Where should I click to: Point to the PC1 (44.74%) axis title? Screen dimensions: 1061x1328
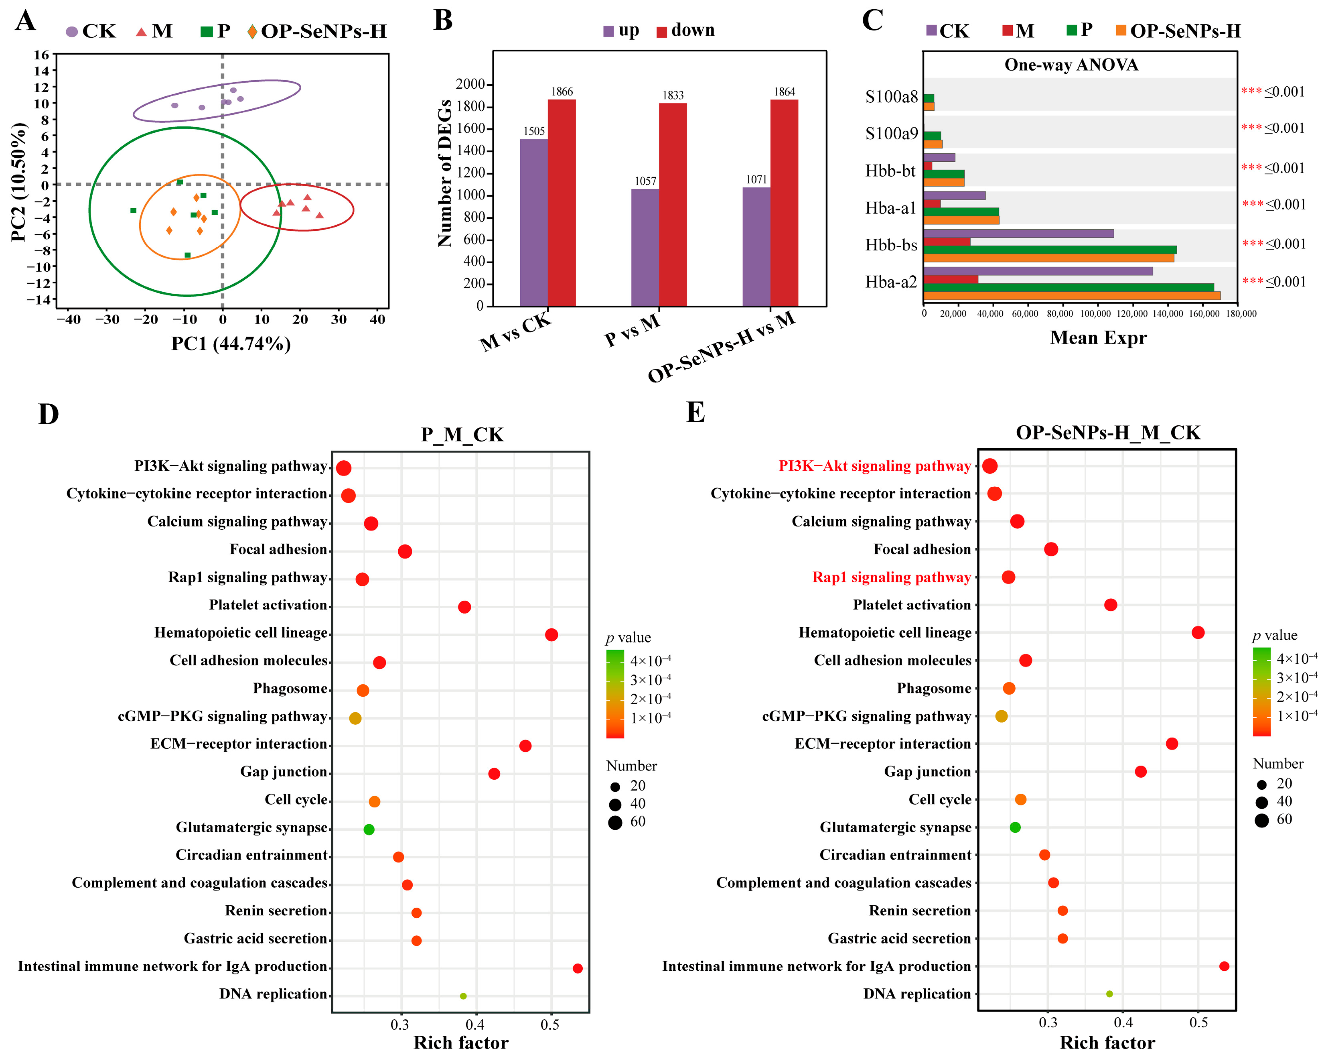pyautogui.click(x=231, y=343)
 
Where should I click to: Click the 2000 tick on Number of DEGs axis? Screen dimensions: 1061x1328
pyautogui.click(x=470, y=84)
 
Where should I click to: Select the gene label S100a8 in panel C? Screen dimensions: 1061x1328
pyautogui.click(x=891, y=97)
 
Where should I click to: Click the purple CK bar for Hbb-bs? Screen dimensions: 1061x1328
pyautogui.click(x=1018, y=234)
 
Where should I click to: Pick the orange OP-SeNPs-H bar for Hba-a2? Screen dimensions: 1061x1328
pyautogui.click(x=1071, y=296)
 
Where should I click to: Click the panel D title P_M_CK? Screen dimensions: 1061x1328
pyautogui.click(x=462, y=434)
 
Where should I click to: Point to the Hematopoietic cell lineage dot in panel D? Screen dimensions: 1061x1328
pyautogui.click(x=551, y=634)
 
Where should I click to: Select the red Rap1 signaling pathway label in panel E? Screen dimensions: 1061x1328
pyautogui.click(x=891, y=577)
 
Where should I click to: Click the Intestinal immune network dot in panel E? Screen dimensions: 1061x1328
pyautogui.click(x=1224, y=966)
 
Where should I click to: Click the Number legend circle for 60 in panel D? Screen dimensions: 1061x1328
pyautogui.click(x=615, y=823)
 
